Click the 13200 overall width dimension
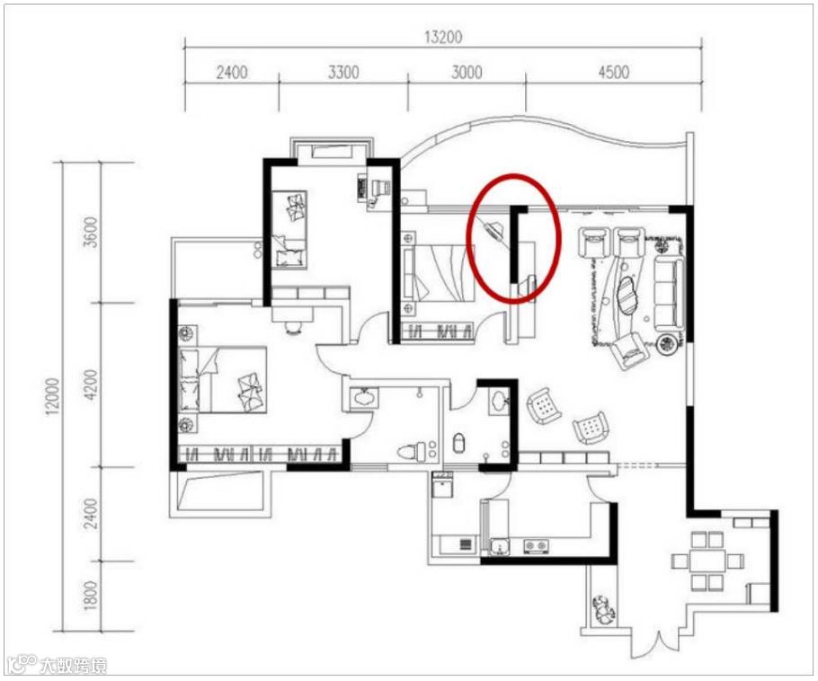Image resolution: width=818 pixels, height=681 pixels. pyautogui.click(x=442, y=37)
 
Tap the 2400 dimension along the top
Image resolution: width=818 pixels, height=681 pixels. pyautogui.click(x=232, y=72)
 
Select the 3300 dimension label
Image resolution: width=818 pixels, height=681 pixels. pyautogui.click(x=343, y=72)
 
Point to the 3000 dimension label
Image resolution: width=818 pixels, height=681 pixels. pyautogui.click(x=467, y=72)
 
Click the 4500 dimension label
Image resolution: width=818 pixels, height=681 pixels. pyautogui.click(x=613, y=72)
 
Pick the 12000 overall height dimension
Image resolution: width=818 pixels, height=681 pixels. pyautogui.click(x=53, y=396)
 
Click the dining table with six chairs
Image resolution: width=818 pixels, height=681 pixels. pyautogui.click(x=707, y=562)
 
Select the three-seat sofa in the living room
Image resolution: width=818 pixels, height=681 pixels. pyautogui.click(x=668, y=294)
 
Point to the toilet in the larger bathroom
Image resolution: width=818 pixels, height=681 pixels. pyautogui.click(x=409, y=452)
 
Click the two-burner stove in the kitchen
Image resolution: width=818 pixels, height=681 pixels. pyautogui.click(x=537, y=546)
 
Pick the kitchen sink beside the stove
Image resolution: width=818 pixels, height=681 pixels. pyautogui.click(x=500, y=547)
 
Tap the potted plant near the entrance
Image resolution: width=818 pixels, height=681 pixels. pyautogui.click(x=603, y=608)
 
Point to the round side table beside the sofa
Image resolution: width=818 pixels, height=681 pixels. pyautogui.click(x=668, y=343)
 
